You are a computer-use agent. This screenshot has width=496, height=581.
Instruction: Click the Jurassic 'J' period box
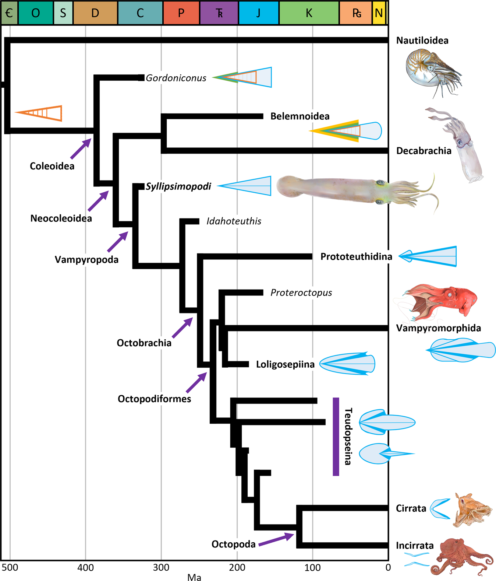258,13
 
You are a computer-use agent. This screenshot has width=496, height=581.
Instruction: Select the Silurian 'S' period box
63,13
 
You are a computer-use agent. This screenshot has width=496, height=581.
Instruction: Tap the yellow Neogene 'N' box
379,13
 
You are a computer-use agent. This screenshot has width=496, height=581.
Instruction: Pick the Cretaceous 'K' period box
309,13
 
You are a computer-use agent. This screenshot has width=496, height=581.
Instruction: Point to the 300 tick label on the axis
161,567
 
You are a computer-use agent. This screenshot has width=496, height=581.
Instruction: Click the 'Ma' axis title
194,577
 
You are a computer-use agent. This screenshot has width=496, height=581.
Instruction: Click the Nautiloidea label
422,41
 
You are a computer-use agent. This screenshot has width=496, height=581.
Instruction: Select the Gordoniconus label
176,78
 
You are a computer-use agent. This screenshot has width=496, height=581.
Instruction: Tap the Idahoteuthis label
234,221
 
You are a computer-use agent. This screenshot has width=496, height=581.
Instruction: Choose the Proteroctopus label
301,293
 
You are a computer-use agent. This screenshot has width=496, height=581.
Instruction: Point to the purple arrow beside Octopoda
276,539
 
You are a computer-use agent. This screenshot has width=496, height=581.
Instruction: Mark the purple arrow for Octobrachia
183,328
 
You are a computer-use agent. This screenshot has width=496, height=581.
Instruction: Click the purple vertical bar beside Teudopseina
336,437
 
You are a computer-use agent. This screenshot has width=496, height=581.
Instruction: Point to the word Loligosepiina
285,364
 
